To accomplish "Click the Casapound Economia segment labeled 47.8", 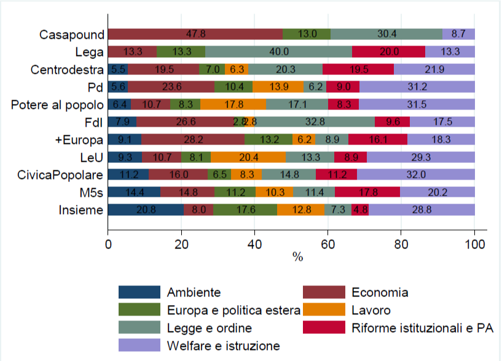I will coord(195,34).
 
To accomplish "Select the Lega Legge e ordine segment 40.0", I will coord(278,52).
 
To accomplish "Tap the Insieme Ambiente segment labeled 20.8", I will coord(146,210).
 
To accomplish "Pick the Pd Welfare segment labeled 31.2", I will coord(417,87).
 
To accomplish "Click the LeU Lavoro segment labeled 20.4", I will coord(248,157).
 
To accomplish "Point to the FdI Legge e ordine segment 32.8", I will coord(315,122).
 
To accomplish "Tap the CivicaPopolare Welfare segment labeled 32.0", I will coord(416,175).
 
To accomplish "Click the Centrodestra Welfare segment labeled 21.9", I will coord(434,69).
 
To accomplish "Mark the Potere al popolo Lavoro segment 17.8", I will coord(233,105).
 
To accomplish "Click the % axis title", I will coord(298,257).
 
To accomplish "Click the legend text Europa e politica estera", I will coord(233,310).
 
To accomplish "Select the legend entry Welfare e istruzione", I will coord(223,345).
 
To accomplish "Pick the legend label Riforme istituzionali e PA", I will coord(422,327).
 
